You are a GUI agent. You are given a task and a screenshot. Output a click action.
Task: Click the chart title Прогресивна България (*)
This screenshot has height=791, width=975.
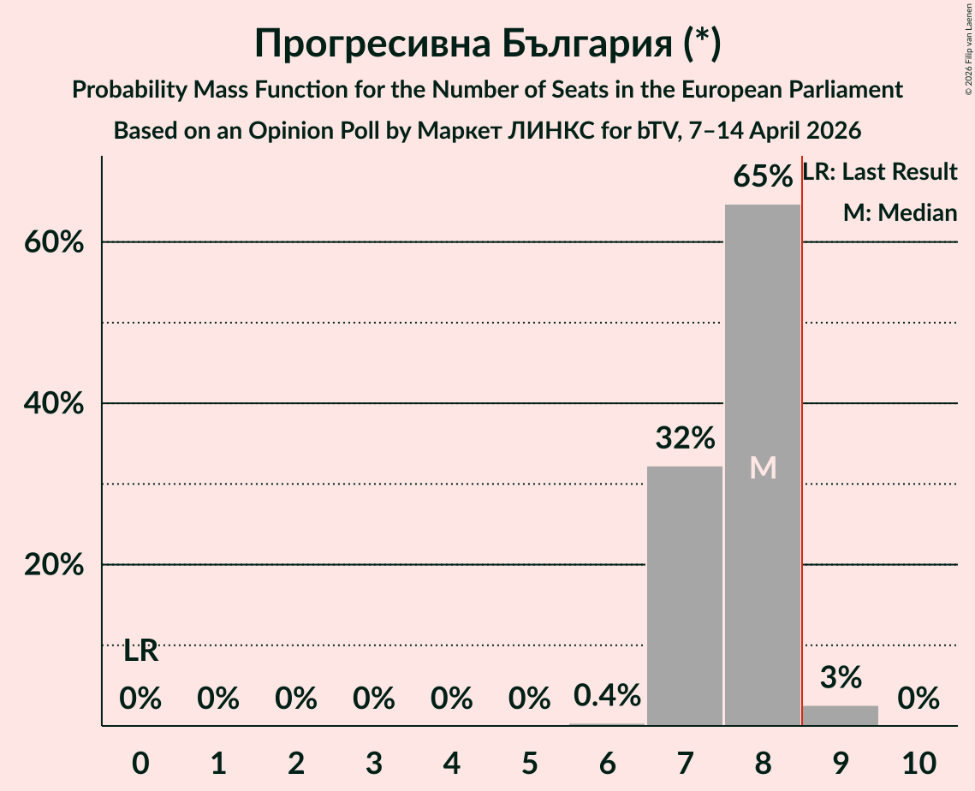click(x=487, y=45)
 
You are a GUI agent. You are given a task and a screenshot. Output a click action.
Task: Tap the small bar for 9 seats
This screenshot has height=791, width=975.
click(x=841, y=716)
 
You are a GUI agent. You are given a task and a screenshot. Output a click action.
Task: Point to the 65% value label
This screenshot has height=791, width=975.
click(x=763, y=177)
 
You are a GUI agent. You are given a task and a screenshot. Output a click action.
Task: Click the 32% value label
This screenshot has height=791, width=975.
click(x=685, y=439)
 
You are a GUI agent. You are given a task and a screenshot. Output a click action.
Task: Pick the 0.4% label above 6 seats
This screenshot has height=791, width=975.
click(x=607, y=696)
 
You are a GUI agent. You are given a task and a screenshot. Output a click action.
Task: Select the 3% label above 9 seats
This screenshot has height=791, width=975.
click(x=841, y=678)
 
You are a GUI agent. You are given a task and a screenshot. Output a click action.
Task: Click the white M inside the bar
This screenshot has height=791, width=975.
click(x=763, y=467)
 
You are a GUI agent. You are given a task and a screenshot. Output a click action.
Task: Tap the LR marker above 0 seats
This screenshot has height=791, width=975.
click(x=140, y=651)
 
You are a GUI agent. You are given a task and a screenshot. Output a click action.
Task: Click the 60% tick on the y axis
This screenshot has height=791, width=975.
click(x=52, y=242)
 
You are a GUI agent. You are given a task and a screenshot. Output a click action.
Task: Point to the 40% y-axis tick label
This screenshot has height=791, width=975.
click(x=52, y=403)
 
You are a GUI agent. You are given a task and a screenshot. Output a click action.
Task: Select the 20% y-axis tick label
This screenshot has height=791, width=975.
click(x=52, y=565)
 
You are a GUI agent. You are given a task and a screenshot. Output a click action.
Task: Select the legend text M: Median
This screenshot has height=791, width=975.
click(x=900, y=213)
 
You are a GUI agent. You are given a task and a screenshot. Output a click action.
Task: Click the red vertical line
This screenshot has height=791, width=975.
click(x=802, y=428)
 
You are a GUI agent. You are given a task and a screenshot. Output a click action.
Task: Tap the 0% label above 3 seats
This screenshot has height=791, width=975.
click(x=373, y=699)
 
